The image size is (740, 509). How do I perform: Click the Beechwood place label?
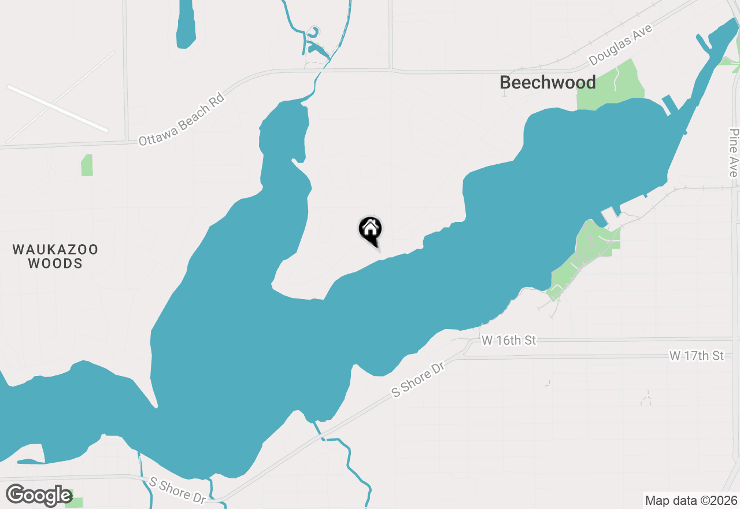click(547, 83)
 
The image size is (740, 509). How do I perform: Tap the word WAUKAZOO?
click(55, 250)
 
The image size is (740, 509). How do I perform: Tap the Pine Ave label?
click(734, 153)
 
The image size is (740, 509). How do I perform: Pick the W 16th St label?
click(509, 340)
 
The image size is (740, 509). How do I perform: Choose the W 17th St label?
click(697, 356)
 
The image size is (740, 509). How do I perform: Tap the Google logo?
click(39, 495)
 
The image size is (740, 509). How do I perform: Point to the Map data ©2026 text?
click(691, 500)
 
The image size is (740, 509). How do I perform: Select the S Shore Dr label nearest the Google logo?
click(177, 489)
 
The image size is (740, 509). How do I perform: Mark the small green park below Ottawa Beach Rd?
click(87, 165)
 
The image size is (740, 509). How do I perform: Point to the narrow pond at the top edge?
click(186, 26)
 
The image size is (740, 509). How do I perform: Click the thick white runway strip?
click(57, 108)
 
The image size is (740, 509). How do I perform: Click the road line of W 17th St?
click(578, 356)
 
